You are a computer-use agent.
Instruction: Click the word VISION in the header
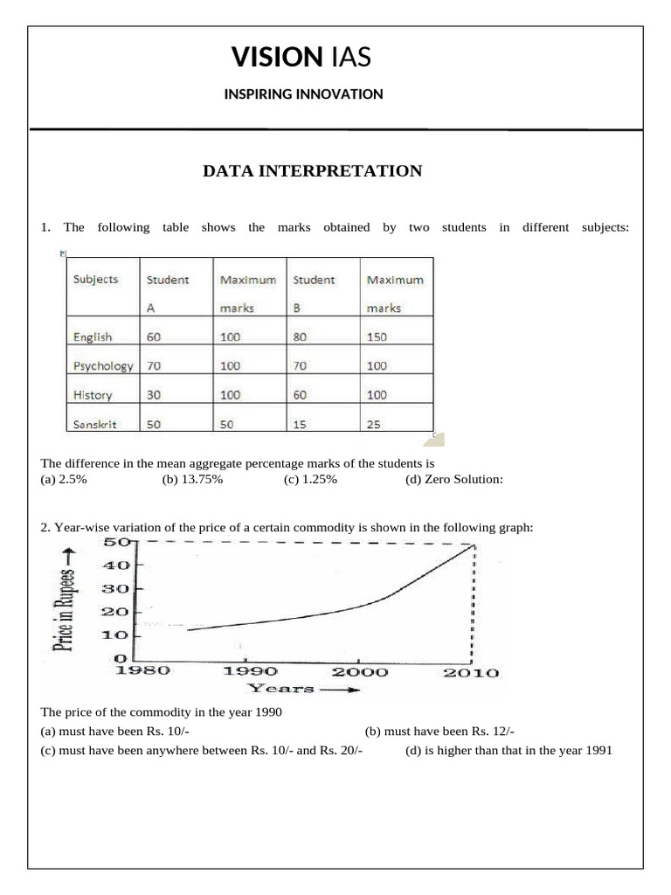pos(275,58)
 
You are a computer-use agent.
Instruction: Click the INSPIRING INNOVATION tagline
pos(303,94)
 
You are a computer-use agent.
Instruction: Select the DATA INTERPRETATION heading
pos(312,171)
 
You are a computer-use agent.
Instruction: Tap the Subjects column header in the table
pos(95,281)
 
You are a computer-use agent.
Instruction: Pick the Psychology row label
pos(103,365)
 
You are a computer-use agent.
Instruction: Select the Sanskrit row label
pos(94,424)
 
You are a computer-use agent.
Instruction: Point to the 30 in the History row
pos(154,395)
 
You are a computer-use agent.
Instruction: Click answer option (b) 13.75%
pos(191,479)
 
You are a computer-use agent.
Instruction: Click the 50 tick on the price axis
pos(118,542)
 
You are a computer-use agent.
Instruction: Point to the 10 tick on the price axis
pos(118,635)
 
